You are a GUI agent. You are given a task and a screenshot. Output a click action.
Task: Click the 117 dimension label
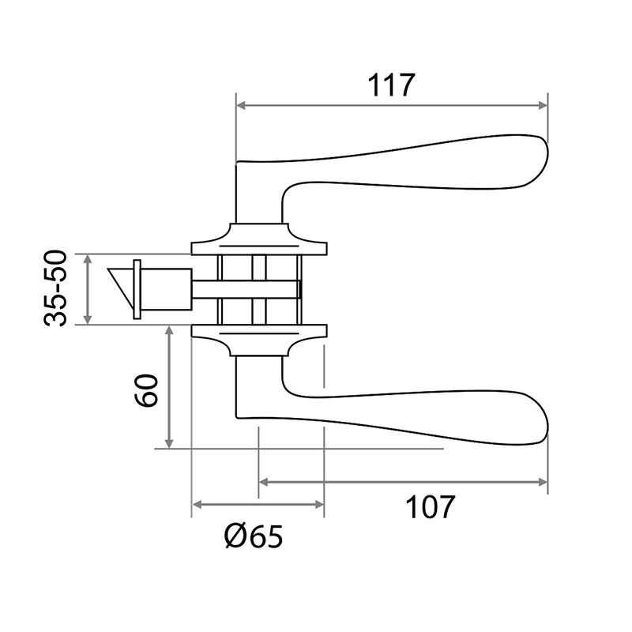[391, 85]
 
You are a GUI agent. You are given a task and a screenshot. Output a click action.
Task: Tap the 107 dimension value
[430, 506]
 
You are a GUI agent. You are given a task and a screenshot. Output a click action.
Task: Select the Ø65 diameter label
[254, 536]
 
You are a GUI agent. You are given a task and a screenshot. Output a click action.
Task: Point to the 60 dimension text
[146, 390]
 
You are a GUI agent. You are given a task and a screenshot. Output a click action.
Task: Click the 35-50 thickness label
[55, 288]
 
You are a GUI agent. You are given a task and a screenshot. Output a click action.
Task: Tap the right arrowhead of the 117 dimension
[544, 106]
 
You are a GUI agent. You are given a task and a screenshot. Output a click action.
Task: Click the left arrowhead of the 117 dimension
[241, 106]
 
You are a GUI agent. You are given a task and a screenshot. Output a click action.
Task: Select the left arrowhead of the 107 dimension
[264, 482]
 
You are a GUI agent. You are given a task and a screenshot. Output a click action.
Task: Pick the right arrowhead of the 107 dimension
[544, 482]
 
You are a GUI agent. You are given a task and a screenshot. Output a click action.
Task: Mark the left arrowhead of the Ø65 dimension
[197, 504]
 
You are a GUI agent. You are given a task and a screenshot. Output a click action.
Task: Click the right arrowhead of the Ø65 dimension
[319, 504]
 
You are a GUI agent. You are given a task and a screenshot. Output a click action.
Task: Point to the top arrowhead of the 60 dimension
[169, 330]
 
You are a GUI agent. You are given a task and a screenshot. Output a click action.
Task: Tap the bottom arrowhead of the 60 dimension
[169, 443]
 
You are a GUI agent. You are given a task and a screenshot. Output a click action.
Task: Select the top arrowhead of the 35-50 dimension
[88, 259]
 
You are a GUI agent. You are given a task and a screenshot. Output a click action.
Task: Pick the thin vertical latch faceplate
[137, 289]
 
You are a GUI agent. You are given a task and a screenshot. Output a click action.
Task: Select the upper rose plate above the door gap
[259, 239]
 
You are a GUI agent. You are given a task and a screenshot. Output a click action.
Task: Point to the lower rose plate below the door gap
[259, 340]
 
